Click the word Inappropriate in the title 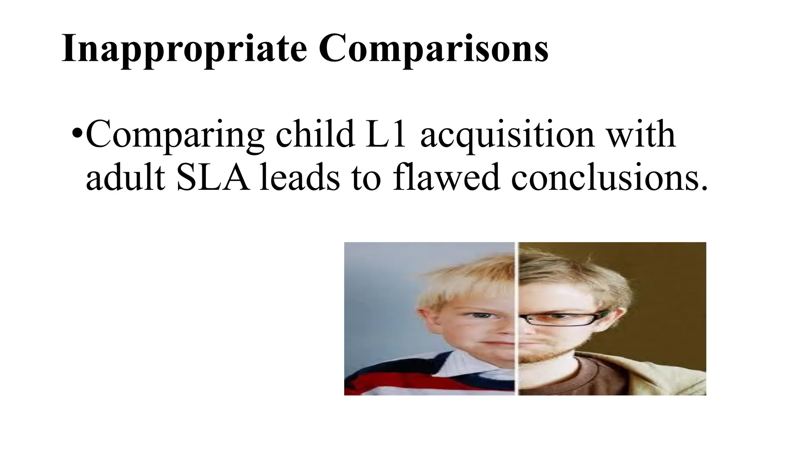(x=184, y=48)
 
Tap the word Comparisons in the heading (x=434, y=48)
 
